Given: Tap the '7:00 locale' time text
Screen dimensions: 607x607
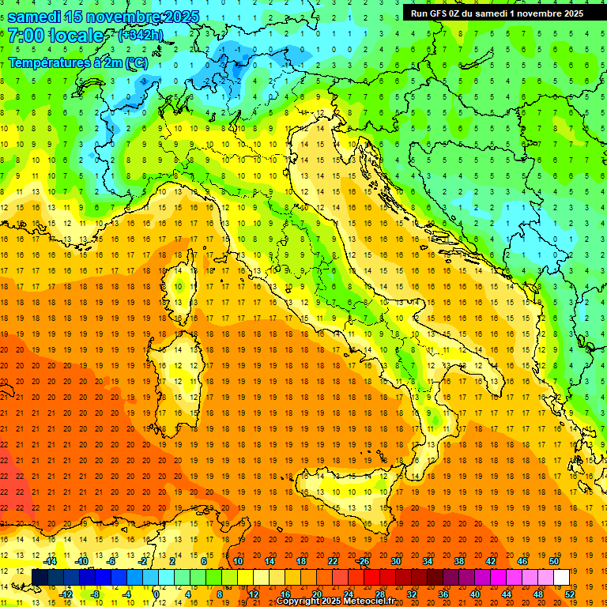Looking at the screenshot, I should pyautogui.click(x=55, y=36).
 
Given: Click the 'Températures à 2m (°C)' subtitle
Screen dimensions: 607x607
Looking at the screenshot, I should pyautogui.click(x=77, y=62).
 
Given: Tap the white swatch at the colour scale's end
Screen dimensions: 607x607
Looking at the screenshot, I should pyautogui.click(x=561, y=577).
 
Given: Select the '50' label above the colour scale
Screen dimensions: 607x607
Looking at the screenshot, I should pyautogui.click(x=553, y=560).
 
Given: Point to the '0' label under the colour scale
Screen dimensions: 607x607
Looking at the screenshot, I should pyautogui.click(x=157, y=594).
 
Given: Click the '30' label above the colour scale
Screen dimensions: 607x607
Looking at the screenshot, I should pyautogui.click(x=395, y=560).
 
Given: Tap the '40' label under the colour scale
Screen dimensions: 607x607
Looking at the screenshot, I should pyautogui.click(x=474, y=594).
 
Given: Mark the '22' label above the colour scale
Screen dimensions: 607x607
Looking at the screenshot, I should pyautogui.click(x=332, y=560).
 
